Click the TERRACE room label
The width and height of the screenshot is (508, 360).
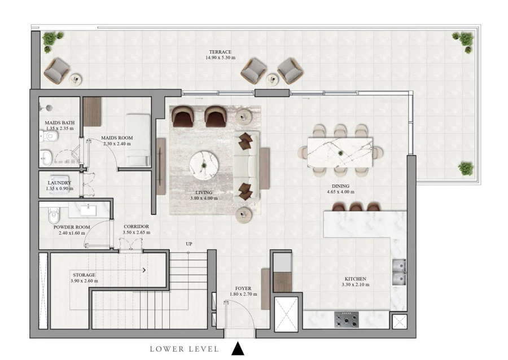(220, 51)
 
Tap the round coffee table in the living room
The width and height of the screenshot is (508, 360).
(204, 164)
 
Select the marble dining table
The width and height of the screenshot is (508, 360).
(339, 152)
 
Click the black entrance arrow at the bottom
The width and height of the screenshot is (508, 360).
(238, 349)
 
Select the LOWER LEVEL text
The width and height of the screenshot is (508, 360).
(184, 349)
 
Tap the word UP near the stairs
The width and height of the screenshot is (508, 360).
(190, 244)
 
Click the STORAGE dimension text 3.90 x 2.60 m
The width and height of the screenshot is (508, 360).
(84, 280)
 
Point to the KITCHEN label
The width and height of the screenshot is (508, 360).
(356, 279)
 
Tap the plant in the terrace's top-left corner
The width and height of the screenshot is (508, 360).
(50, 39)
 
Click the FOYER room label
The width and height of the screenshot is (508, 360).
(243, 288)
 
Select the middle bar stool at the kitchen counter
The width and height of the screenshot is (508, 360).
(356, 207)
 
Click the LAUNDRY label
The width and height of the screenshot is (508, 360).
(59, 183)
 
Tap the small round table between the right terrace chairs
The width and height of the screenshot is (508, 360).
(272, 78)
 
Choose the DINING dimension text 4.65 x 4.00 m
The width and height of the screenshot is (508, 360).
(340, 192)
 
